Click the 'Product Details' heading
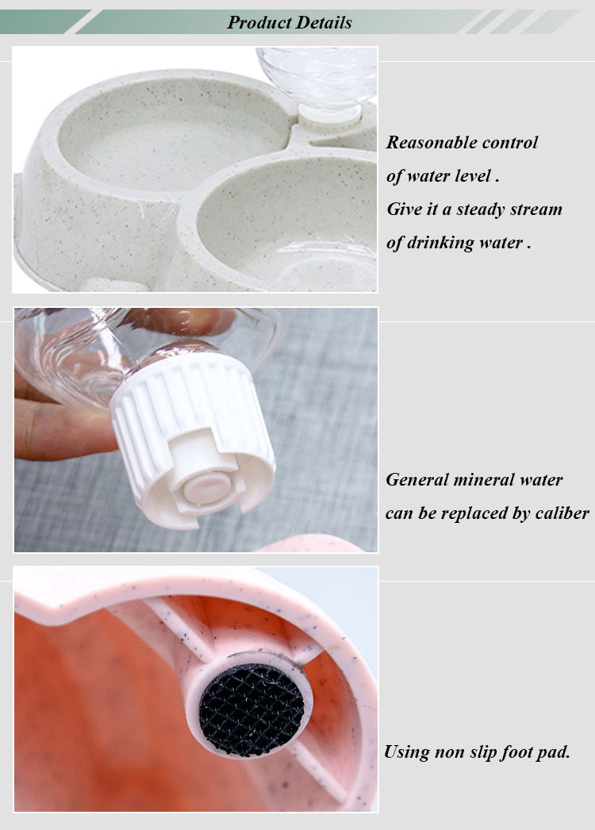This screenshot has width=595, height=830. click(x=290, y=22)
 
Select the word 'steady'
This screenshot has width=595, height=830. click(x=481, y=209)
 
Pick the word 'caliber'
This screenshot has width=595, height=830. click(x=562, y=513)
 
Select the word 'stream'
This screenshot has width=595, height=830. click(x=535, y=209)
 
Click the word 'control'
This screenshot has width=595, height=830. click(x=510, y=142)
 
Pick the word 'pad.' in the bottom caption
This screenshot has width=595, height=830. click(x=553, y=752)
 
